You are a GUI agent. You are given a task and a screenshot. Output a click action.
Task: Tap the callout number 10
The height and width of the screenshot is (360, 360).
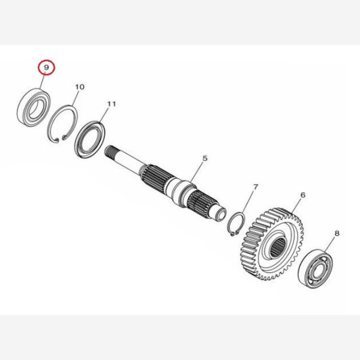coord(80,87)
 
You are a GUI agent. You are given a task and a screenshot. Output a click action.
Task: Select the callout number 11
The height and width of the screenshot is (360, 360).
coord(112,104)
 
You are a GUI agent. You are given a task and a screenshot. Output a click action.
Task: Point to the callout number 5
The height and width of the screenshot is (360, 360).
coord(205,158)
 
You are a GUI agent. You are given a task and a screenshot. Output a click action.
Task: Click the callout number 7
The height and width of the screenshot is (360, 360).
coord(256,187)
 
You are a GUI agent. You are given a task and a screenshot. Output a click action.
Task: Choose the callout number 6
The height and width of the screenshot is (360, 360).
coord(303,195)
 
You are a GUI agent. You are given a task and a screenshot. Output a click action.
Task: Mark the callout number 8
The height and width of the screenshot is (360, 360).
coord(337,233)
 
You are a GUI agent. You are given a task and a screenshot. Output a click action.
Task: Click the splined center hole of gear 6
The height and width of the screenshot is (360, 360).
coord(277,247)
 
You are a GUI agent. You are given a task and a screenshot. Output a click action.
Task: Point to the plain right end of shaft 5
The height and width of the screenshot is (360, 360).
coord(220,214)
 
